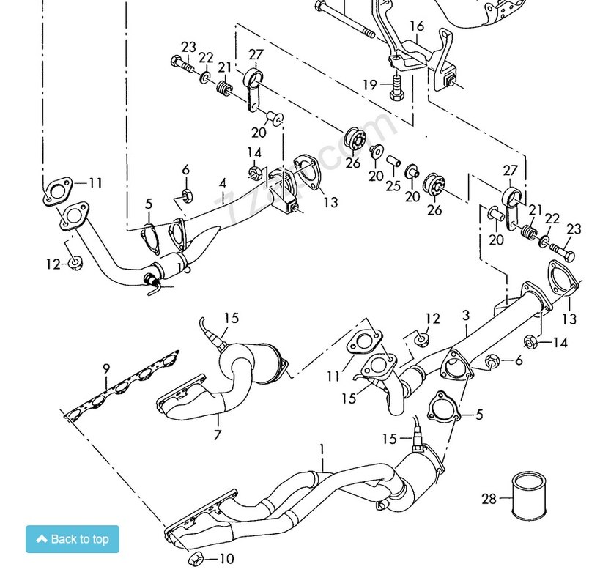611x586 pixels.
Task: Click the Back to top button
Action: [73, 539]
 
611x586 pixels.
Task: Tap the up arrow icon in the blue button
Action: [42, 539]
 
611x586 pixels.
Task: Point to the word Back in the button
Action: [64, 540]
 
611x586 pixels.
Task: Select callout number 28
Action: [489, 500]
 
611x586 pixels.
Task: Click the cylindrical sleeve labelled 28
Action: [528, 495]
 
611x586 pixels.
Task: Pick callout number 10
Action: [226, 559]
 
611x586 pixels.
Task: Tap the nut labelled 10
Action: [196, 559]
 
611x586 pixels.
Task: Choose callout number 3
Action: [466, 316]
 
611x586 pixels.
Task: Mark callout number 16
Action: [417, 27]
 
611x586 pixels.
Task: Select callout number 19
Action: [371, 85]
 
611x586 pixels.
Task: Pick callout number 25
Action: [393, 186]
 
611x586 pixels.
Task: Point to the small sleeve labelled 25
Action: [393, 160]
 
